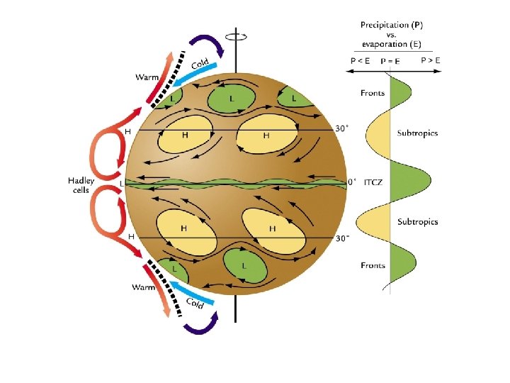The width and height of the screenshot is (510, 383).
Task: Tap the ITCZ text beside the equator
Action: tap(373, 182)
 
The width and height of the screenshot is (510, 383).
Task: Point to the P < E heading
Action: tap(361, 61)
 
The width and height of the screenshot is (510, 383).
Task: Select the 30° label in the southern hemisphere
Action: tap(342, 238)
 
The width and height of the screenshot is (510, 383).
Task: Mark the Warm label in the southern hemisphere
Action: tap(144, 288)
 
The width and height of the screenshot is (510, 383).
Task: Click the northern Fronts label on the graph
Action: tap(373, 93)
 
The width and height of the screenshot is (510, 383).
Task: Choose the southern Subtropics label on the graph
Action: tap(418, 222)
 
